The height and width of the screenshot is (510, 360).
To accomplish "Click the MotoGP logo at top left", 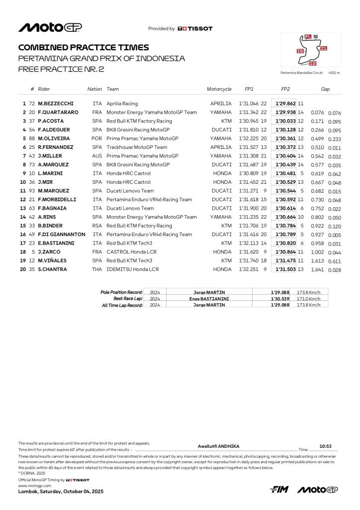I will click(50, 28).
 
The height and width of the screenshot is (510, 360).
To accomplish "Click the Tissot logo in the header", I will click(195, 29).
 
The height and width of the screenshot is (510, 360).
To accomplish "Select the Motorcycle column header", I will click(219, 89).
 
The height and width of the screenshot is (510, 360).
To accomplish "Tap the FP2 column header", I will click(285, 89).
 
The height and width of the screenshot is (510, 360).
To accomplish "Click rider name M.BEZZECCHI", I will click(56, 104).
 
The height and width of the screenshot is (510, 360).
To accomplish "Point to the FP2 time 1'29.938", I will click(286, 113).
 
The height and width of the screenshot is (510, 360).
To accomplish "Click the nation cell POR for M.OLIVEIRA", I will click(97, 138).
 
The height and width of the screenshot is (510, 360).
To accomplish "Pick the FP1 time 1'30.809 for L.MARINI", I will click(249, 173).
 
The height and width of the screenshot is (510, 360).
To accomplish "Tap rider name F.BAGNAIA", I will click(54, 208).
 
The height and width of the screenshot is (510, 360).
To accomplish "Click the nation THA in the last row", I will click(97, 269).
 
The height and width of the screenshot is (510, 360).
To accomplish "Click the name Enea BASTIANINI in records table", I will click(209, 298).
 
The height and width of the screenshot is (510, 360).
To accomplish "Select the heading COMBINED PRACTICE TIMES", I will click(83, 48).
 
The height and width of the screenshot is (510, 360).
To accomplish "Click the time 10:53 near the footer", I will click(325, 446).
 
